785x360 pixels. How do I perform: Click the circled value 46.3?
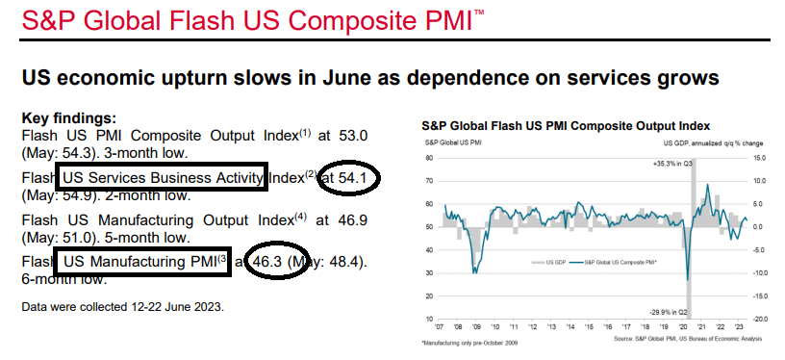tap(267, 262)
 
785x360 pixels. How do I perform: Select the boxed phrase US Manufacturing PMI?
tap(139, 262)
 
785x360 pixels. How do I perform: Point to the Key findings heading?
tap(69, 118)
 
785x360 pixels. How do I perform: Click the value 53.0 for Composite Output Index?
tap(353, 136)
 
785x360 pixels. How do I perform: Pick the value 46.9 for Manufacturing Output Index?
tap(353, 219)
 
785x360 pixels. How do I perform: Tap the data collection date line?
tap(123, 306)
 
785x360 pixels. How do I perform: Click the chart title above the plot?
tap(566, 125)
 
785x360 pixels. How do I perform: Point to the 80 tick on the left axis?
tap(429, 158)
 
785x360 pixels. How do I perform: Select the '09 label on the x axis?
tap(476, 326)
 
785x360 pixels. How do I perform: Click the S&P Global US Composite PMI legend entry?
tap(614, 262)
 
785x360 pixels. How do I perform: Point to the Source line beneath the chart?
tap(688, 339)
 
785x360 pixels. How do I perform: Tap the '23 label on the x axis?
tap(738, 326)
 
